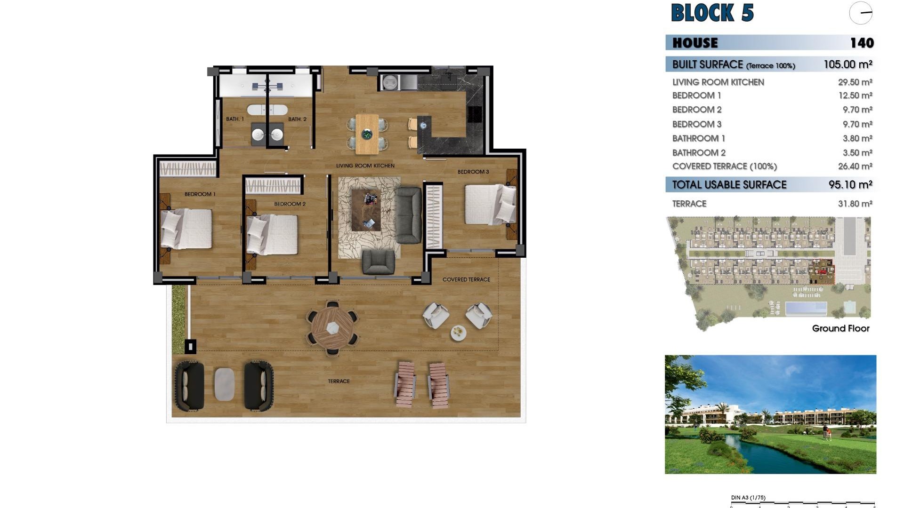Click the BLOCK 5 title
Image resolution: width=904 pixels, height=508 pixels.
(x=712, y=13)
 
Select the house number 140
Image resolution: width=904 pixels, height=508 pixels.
(x=862, y=43)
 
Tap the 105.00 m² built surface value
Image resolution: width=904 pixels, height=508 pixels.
(x=847, y=64)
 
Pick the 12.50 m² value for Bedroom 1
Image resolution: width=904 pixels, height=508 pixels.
(x=855, y=95)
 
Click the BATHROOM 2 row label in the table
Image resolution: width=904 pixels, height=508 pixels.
(x=699, y=153)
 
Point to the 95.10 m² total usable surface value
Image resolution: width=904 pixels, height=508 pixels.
(x=850, y=185)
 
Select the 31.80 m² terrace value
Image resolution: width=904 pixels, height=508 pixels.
(x=855, y=204)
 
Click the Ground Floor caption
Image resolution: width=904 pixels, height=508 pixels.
(x=840, y=328)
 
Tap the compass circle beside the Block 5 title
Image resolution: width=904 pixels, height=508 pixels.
(x=861, y=13)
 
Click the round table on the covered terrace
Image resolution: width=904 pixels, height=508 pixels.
(x=333, y=326)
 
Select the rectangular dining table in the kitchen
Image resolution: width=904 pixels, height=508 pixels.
(x=367, y=134)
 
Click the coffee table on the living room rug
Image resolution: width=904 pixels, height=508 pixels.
(x=366, y=210)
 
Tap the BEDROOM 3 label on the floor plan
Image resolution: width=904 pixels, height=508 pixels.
(x=473, y=172)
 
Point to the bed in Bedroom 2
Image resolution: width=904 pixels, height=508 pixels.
(x=272, y=234)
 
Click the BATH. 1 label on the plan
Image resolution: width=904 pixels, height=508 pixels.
(x=235, y=119)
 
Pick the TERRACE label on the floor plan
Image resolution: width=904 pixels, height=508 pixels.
(x=339, y=381)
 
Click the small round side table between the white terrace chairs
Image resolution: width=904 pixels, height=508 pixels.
(x=458, y=333)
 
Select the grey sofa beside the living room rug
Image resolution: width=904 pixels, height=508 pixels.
(x=408, y=215)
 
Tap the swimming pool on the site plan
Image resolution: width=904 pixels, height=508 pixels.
(x=806, y=309)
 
